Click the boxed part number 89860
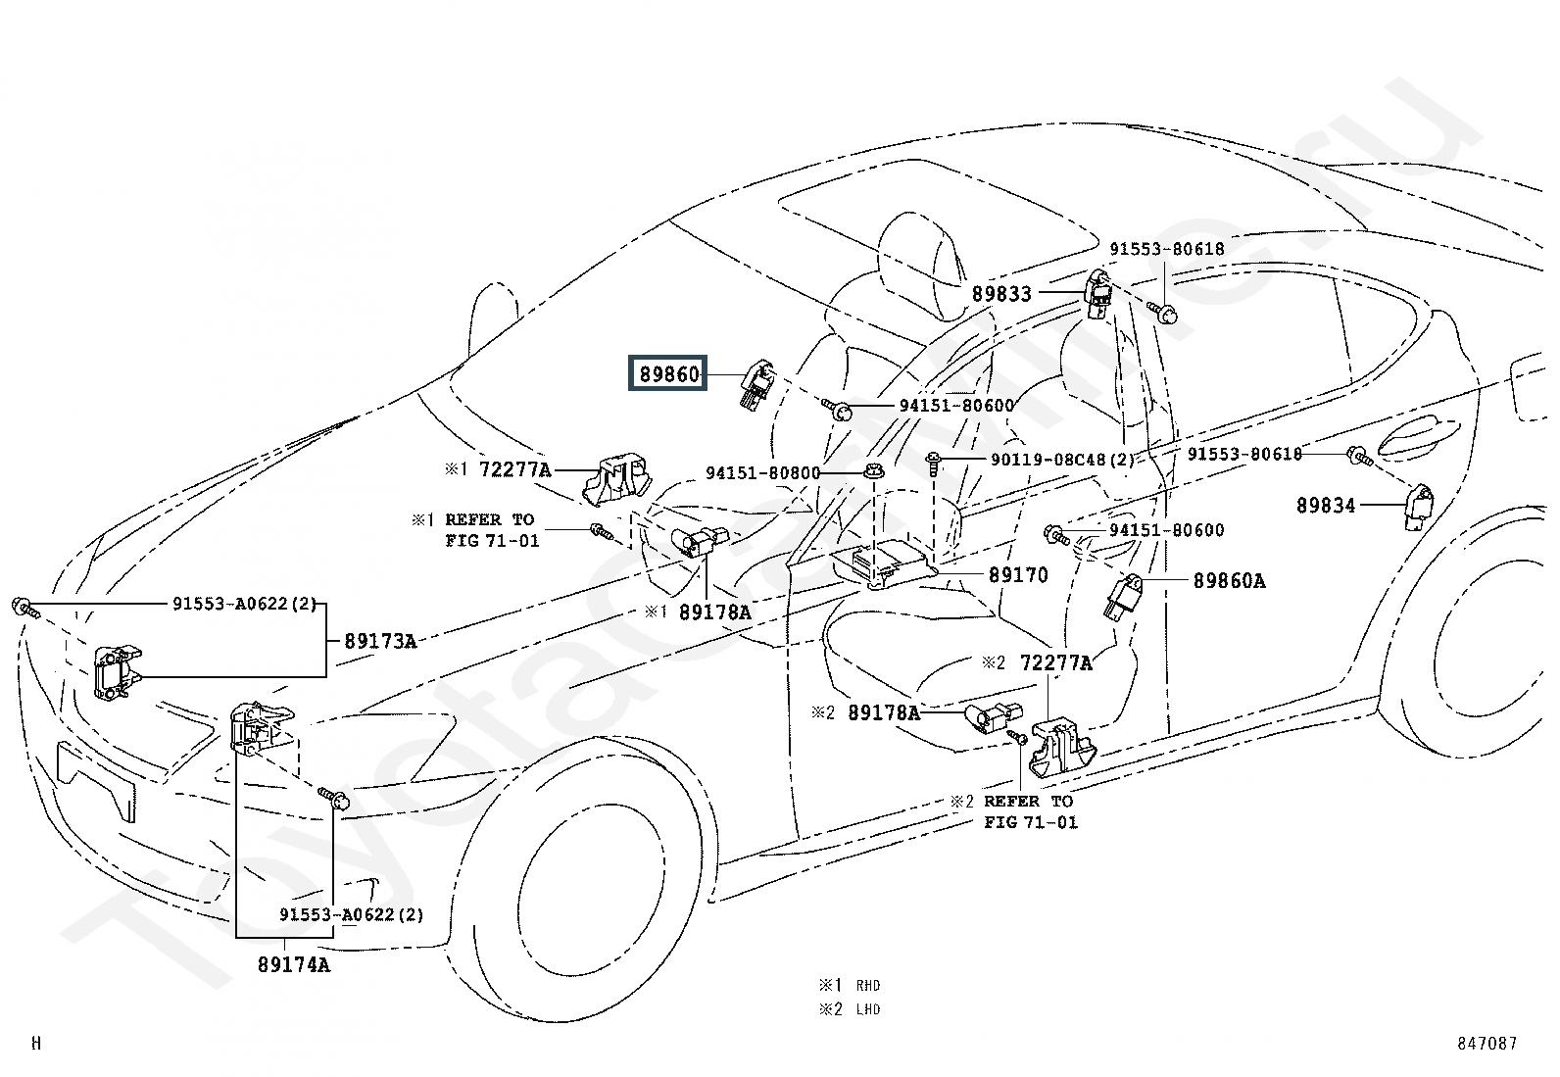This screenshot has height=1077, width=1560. (667, 373)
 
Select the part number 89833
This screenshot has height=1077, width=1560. (1001, 294)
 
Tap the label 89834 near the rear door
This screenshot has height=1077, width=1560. (1326, 505)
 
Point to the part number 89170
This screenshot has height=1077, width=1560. (1018, 574)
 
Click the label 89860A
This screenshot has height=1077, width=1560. (1229, 580)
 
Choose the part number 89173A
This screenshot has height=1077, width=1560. (380, 641)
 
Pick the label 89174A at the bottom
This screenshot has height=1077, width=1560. (294, 965)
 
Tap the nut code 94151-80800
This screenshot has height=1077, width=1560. (763, 473)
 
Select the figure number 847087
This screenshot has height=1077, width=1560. (1487, 1043)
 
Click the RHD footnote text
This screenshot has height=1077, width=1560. (868, 985)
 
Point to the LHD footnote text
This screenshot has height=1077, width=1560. (868, 1008)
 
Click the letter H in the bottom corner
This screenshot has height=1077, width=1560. (36, 1043)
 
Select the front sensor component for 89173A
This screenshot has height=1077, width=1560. (118, 672)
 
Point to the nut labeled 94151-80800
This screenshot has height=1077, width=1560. (874, 471)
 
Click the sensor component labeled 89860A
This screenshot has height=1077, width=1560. (1122, 597)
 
